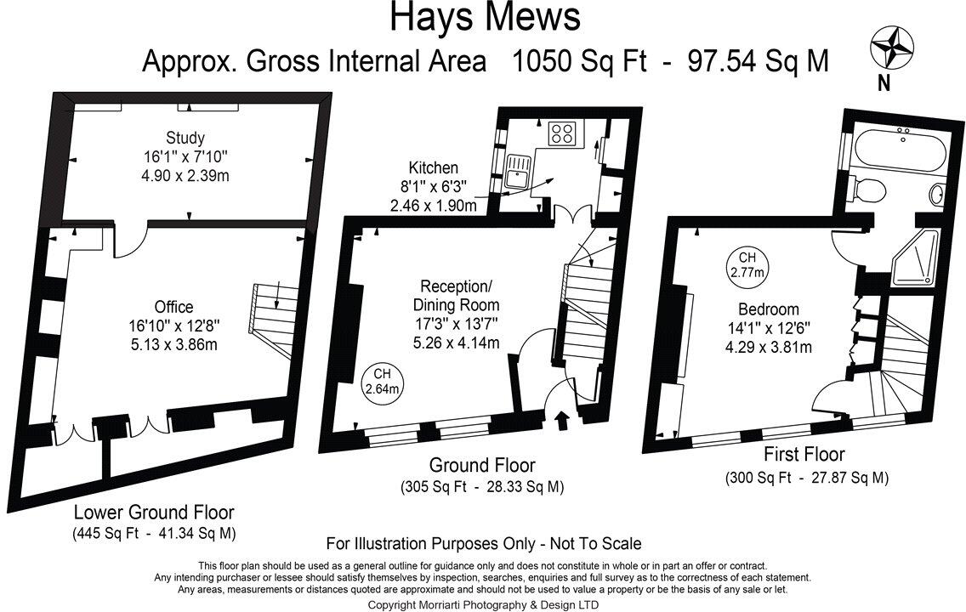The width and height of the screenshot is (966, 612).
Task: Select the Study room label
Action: pyautogui.click(x=185, y=138)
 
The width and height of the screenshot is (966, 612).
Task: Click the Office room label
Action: pyautogui.click(x=173, y=307)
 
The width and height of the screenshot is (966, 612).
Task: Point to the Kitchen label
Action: pyautogui.click(x=433, y=168)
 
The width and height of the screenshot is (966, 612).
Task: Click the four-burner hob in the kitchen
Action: pyautogui.click(x=561, y=133)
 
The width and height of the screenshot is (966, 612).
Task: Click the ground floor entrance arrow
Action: pyautogui.click(x=561, y=420)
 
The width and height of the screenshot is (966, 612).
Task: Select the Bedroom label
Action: pyautogui.click(x=768, y=309)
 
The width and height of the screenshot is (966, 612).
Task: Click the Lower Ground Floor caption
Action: pyautogui.click(x=153, y=513)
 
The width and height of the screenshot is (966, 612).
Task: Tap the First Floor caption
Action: pyautogui.click(x=804, y=455)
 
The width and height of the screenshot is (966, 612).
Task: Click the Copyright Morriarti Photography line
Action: pyautogui.click(x=482, y=604)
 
